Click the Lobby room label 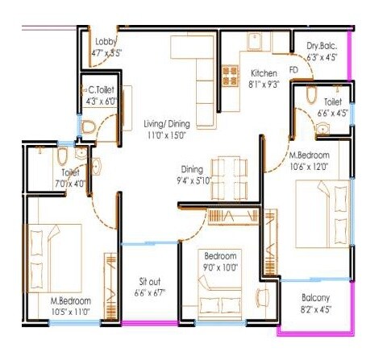coord(105,43)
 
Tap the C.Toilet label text coord(103,91)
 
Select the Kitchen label coord(264,72)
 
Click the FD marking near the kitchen coord(293,70)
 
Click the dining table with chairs coord(231,170)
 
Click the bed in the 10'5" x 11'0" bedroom coord(55,251)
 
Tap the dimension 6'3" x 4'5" coord(321,57)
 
